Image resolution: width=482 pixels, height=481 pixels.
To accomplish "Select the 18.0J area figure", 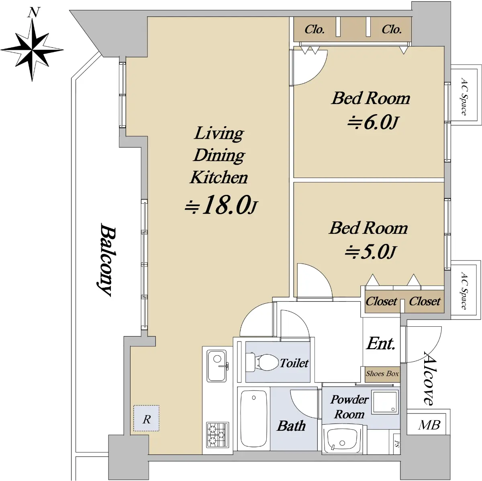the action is (x=221, y=205).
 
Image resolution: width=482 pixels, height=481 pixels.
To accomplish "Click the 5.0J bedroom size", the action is (x=370, y=252).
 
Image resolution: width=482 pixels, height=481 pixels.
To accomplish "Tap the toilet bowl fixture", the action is (x=262, y=362).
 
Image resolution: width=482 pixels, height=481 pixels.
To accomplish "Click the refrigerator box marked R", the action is (x=146, y=418).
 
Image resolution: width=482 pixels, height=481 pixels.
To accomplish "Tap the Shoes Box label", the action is (x=382, y=374).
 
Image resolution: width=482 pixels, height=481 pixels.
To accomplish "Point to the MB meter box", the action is (x=429, y=425).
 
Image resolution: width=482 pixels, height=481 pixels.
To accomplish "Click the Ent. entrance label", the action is (x=381, y=343).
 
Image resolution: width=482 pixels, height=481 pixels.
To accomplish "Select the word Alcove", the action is (x=432, y=378).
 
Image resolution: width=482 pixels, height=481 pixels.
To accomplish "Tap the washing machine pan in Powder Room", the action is (x=384, y=402).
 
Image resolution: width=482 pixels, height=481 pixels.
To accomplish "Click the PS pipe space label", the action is (x=397, y=444).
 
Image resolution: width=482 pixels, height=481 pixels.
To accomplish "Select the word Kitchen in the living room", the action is (x=219, y=178).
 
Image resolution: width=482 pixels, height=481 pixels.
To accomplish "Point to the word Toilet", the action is (x=294, y=363).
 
